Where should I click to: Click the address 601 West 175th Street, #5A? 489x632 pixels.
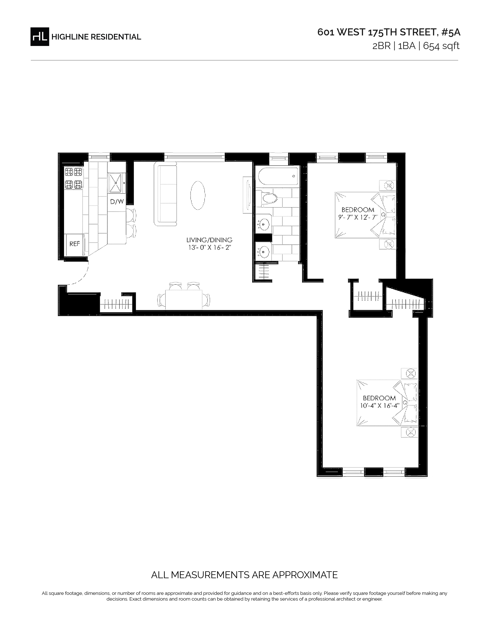click(389, 32)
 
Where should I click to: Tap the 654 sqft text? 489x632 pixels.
click(441, 46)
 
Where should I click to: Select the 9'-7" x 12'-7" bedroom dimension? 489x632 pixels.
click(358, 217)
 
